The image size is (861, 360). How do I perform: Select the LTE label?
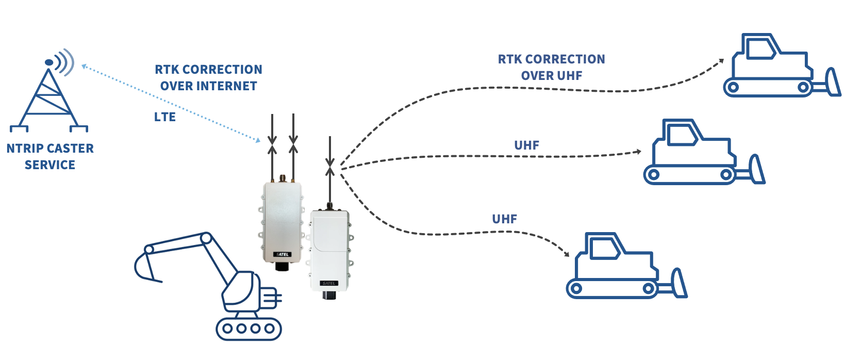coord(165,117)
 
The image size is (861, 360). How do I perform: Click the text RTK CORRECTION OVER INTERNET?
coord(208,78)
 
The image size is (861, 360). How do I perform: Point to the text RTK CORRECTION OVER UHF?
coord(551,68)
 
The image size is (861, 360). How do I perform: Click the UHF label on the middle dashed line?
coord(526,145)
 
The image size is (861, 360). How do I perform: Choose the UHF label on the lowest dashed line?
coord(504,219)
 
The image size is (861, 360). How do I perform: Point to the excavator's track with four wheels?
coord(249,329)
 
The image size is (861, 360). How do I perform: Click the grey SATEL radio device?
coord(282,222)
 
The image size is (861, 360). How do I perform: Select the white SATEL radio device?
coord(329,250)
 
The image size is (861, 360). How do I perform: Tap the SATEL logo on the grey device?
coord(283,254)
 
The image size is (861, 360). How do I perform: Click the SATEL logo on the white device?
coord(329,283)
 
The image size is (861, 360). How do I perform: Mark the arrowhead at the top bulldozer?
coord(721,61)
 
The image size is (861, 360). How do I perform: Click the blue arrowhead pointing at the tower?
coord(84,67)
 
